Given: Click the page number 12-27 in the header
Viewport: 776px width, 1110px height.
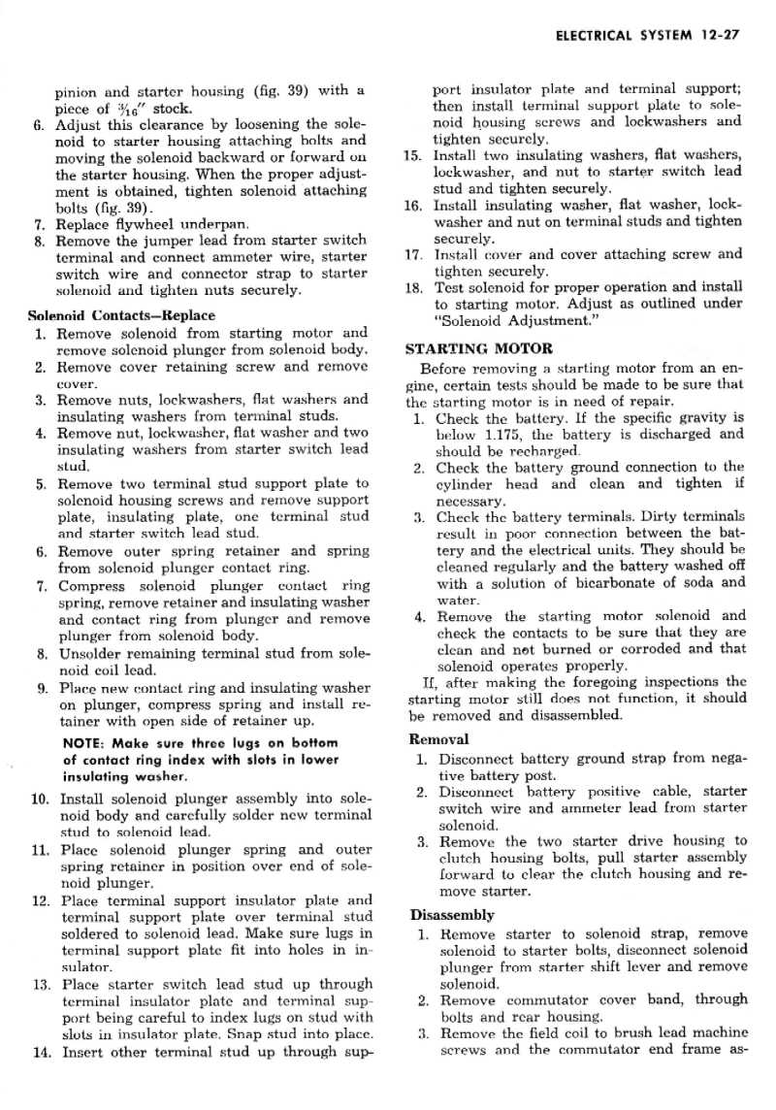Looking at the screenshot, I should (x=719, y=38).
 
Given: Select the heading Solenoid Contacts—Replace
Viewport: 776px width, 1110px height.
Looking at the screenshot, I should (x=121, y=315).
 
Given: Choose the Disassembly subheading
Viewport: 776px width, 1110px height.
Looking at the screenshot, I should (x=452, y=914).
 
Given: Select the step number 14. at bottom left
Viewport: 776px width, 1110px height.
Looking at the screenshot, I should (x=41, y=1052).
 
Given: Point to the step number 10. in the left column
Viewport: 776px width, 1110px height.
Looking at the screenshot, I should (x=41, y=799).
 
